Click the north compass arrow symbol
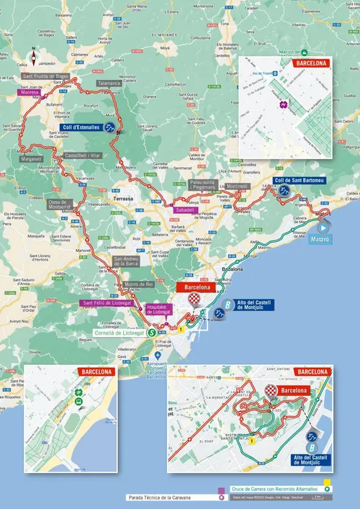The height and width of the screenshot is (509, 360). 32,53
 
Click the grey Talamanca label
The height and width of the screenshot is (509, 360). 108,84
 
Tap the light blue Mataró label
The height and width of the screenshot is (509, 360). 321,239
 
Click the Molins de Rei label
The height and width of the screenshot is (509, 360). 139,284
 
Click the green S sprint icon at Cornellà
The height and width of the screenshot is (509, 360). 150,333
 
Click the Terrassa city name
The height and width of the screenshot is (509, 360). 114,197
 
